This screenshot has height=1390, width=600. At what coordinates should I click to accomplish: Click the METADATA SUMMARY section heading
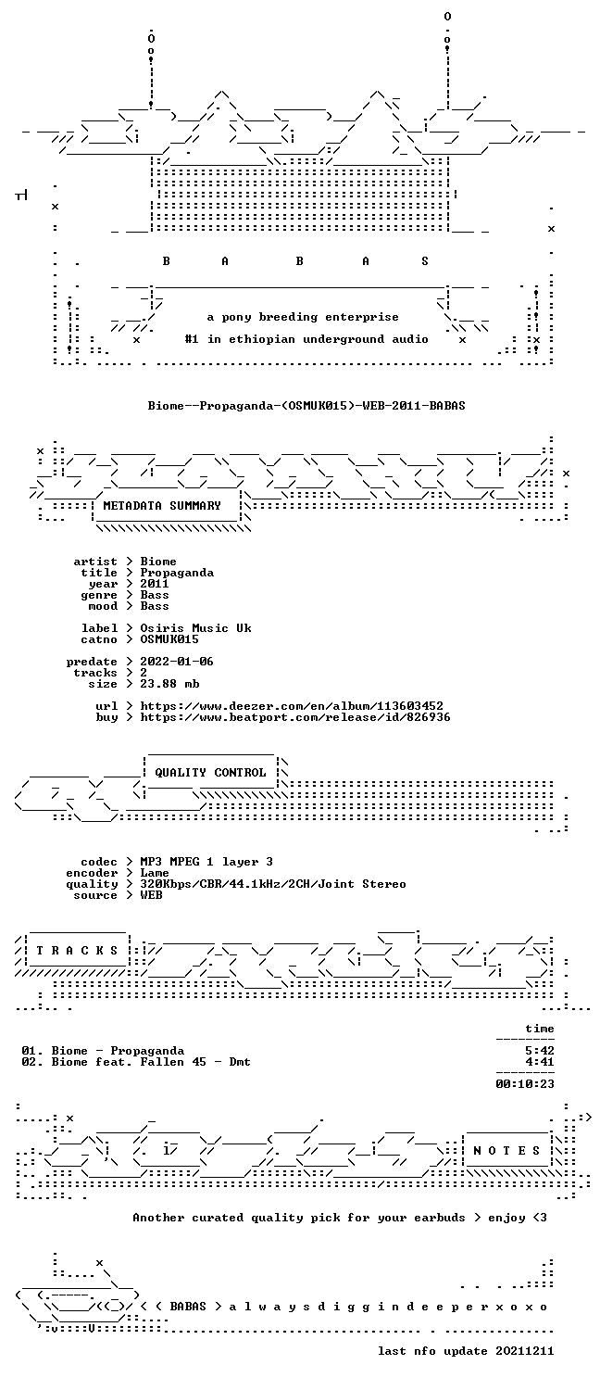tap(162, 506)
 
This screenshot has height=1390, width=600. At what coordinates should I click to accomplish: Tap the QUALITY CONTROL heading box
tap(210, 773)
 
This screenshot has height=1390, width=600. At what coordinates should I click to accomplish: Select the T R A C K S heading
tap(77, 951)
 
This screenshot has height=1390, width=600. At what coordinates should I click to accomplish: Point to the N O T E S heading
tap(506, 1151)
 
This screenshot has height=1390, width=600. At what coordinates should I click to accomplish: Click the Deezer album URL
tap(292, 706)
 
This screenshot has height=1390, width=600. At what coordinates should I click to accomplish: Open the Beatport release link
tap(295, 717)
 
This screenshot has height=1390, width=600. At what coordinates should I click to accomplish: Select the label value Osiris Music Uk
tap(196, 628)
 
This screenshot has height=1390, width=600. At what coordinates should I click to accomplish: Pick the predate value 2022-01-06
tap(177, 662)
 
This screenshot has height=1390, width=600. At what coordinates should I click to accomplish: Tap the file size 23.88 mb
tap(169, 684)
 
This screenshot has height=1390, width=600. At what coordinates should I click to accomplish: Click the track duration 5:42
tap(539, 1051)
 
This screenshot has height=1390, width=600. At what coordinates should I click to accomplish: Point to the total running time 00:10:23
tap(524, 1084)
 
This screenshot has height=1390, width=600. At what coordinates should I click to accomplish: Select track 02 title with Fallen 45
tap(136, 1062)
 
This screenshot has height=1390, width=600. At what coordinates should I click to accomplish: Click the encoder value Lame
tap(155, 873)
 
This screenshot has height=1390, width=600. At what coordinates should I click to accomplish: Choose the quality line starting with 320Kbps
tap(273, 884)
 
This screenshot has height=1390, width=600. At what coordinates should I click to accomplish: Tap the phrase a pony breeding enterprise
tap(303, 317)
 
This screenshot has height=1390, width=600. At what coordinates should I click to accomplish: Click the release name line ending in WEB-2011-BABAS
tap(306, 406)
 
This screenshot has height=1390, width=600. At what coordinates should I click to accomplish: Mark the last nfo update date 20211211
tap(524, 1351)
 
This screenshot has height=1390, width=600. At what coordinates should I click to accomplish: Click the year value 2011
tap(155, 583)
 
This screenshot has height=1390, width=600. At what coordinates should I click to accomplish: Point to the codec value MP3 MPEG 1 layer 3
tap(206, 862)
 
